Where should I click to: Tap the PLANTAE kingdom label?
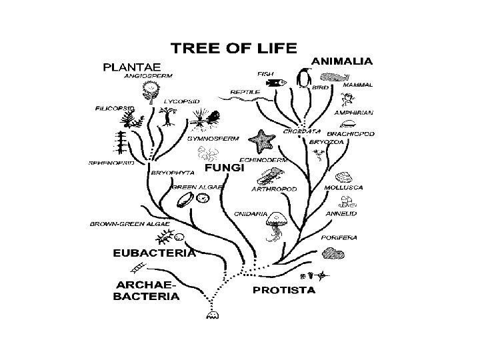click(x=132, y=67)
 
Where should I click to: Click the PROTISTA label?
click(x=283, y=290)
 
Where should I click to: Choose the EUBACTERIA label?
click(x=154, y=253)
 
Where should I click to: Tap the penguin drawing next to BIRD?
click(x=304, y=79)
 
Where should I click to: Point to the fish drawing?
click(x=274, y=83)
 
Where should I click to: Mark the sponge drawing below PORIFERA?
click(x=331, y=253)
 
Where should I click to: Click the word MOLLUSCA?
click(x=343, y=188)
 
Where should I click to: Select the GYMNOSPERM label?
click(x=209, y=139)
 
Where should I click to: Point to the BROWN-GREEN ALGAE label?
click(x=130, y=224)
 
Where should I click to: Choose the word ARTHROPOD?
click(x=273, y=189)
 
